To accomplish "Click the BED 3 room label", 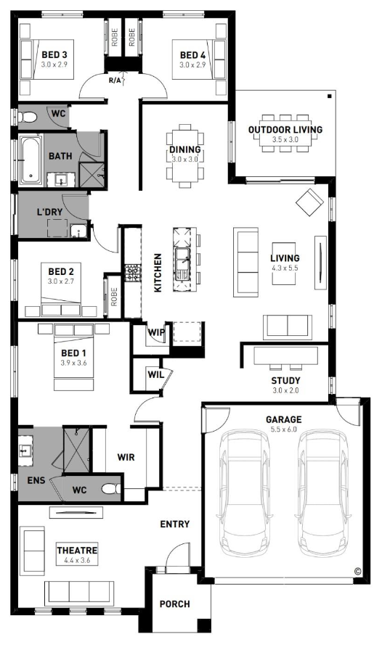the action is pyautogui.click(x=54, y=54).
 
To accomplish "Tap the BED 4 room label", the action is pyautogui.click(x=192, y=54).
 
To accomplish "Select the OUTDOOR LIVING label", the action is pyautogui.click(x=285, y=129).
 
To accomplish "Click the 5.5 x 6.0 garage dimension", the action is pyautogui.click(x=284, y=429).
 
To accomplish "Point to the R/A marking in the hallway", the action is pyautogui.click(x=114, y=81).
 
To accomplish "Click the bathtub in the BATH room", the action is pyautogui.click(x=31, y=159).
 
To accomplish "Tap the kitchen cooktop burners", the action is pyautogui.click(x=134, y=272).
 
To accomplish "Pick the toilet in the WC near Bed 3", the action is pyautogui.click(x=28, y=118).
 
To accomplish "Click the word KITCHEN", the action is pyautogui.click(x=158, y=273).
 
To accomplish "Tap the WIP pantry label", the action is pyautogui.click(x=157, y=332).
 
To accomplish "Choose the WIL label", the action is pyautogui.click(x=155, y=374).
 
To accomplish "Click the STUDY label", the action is pyautogui.click(x=285, y=381).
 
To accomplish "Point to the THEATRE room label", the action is pyautogui.click(x=77, y=551).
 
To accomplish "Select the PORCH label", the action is pyautogui.click(x=175, y=604).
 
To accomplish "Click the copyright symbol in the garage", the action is pyautogui.click(x=357, y=571).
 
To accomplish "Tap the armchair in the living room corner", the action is pyautogui.click(x=310, y=202).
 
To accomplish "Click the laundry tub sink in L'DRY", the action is pyautogui.click(x=78, y=231).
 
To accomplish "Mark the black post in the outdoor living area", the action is pyautogui.click(x=329, y=96).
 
